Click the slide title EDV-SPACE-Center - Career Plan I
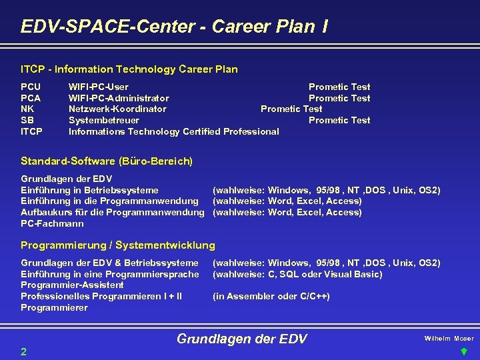174,27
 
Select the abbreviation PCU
31,87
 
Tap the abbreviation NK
28,109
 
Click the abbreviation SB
27,120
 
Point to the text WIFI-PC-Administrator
119,98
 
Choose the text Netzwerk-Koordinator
117,109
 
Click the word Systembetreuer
104,120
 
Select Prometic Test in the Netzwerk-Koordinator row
291,109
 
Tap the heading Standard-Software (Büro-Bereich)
107,161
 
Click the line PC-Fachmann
53,223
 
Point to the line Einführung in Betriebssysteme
90,190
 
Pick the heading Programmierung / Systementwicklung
118,245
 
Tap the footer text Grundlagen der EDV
241,339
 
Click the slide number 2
24,351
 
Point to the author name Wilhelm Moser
449,339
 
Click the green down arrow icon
464,352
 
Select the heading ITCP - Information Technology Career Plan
129,69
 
